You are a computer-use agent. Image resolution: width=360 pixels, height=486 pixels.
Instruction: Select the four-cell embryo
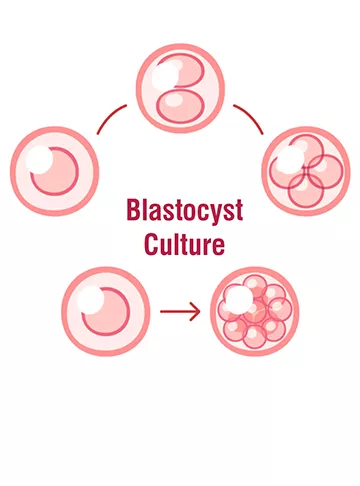click(306, 167)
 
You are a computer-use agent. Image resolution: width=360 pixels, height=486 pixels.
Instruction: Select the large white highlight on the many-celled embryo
click(237, 297)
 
